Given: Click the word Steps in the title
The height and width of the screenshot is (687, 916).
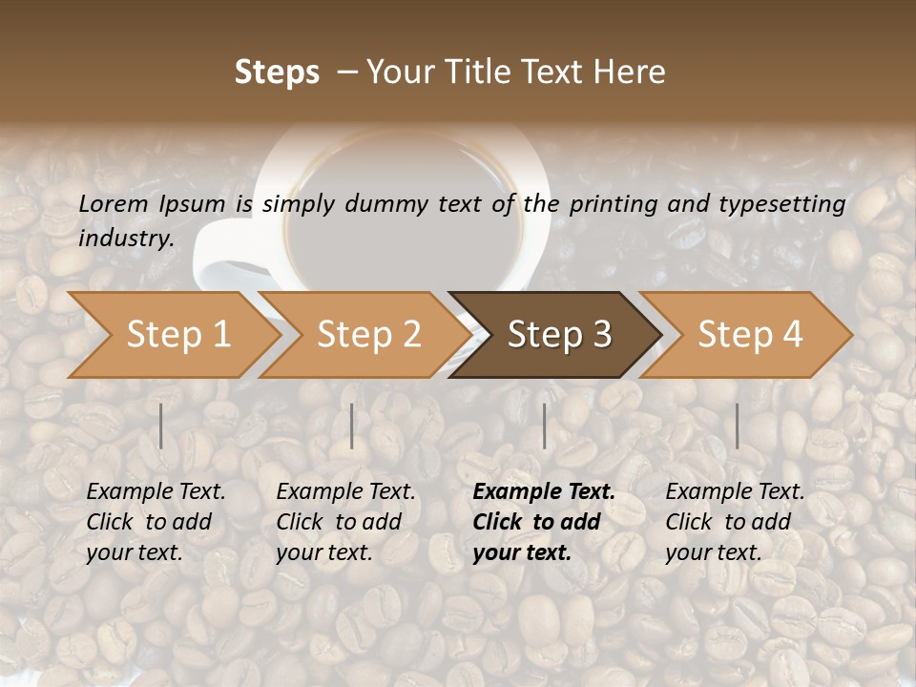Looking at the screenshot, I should pyautogui.click(x=277, y=73).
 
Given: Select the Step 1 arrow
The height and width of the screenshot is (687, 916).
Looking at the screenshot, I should pyautogui.click(x=172, y=334).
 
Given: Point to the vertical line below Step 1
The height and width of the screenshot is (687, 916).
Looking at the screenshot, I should pyautogui.click(x=161, y=426).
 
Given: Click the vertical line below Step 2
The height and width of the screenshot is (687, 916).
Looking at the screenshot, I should pyautogui.click(x=352, y=426).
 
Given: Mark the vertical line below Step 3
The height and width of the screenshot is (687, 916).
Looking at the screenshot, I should pyautogui.click(x=545, y=426).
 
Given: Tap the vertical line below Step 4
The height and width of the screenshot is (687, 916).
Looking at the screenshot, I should pyautogui.click(x=737, y=426).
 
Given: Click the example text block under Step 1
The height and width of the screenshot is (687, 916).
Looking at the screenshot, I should pyautogui.click(x=156, y=522).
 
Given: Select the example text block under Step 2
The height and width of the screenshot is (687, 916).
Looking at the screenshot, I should pyautogui.click(x=345, y=522).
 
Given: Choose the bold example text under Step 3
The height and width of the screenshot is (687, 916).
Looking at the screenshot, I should pyautogui.click(x=544, y=522).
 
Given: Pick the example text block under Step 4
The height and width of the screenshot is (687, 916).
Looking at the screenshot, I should pyautogui.click(x=735, y=522).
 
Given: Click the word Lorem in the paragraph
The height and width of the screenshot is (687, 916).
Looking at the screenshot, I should pyautogui.click(x=114, y=203).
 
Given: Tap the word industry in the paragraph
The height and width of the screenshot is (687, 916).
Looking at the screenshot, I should pyautogui.click(x=125, y=238).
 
